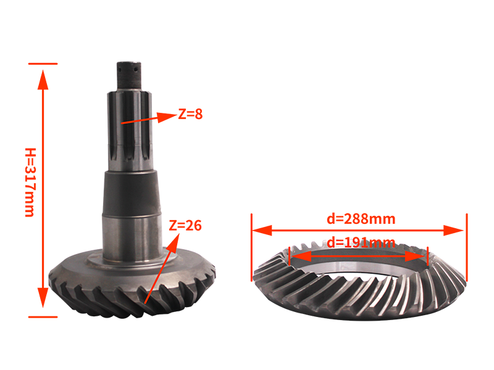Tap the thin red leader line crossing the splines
[x=137, y=120]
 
